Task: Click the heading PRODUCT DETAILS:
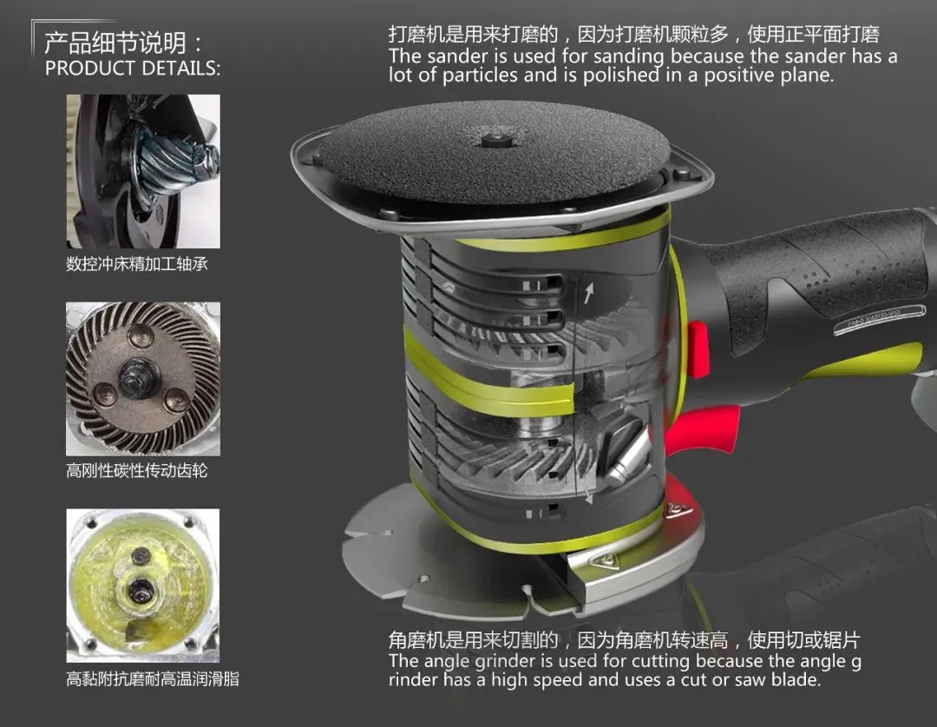(x=132, y=68)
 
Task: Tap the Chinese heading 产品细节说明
(x=116, y=43)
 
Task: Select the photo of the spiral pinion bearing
(x=143, y=172)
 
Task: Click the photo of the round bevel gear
(x=143, y=379)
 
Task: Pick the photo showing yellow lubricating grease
(x=143, y=586)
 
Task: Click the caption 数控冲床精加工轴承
(x=137, y=264)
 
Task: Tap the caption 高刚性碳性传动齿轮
(x=137, y=471)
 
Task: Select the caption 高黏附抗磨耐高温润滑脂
(x=153, y=678)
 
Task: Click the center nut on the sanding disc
(x=494, y=141)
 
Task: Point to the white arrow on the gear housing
(x=589, y=292)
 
